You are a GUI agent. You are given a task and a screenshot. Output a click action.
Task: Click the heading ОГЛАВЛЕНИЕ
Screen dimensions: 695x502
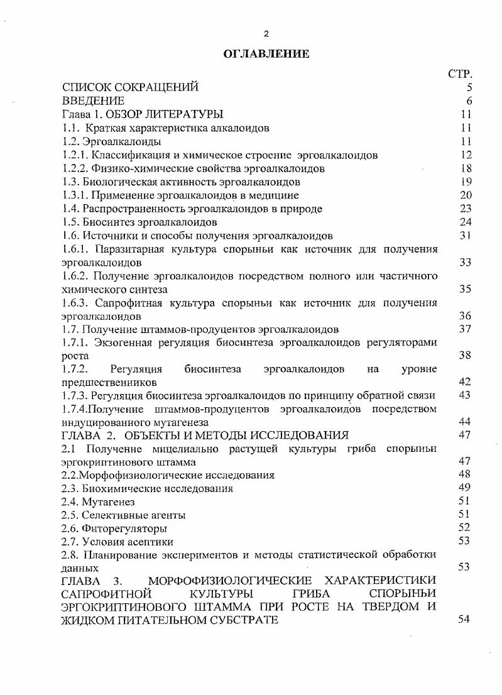pyautogui.click(x=266, y=55)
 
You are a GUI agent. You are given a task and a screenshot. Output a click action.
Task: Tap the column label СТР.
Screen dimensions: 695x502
pyautogui.click(x=460, y=75)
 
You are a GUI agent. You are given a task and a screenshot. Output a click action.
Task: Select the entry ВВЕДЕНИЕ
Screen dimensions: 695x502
pyautogui.click(x=93, y=101)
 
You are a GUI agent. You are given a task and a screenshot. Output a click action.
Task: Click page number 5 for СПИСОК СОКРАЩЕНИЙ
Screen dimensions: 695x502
pyautogui.click(x=469, y=88)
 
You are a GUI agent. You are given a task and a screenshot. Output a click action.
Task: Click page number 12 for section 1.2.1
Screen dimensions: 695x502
pyautogui.click(x=466, y=155)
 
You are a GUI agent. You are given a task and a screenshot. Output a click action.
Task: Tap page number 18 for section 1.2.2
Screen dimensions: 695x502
pyautogui.click(x=466, y=168)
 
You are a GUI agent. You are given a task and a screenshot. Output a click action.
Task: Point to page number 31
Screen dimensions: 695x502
pyautogui.click(x=466, y=236)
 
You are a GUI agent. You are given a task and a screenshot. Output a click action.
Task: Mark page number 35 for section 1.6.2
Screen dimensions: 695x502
pyautogui.click(x=466, y=290)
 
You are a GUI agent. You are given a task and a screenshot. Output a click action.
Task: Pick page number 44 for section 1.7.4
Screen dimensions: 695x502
pyautogui.click(x=466, y=422)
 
